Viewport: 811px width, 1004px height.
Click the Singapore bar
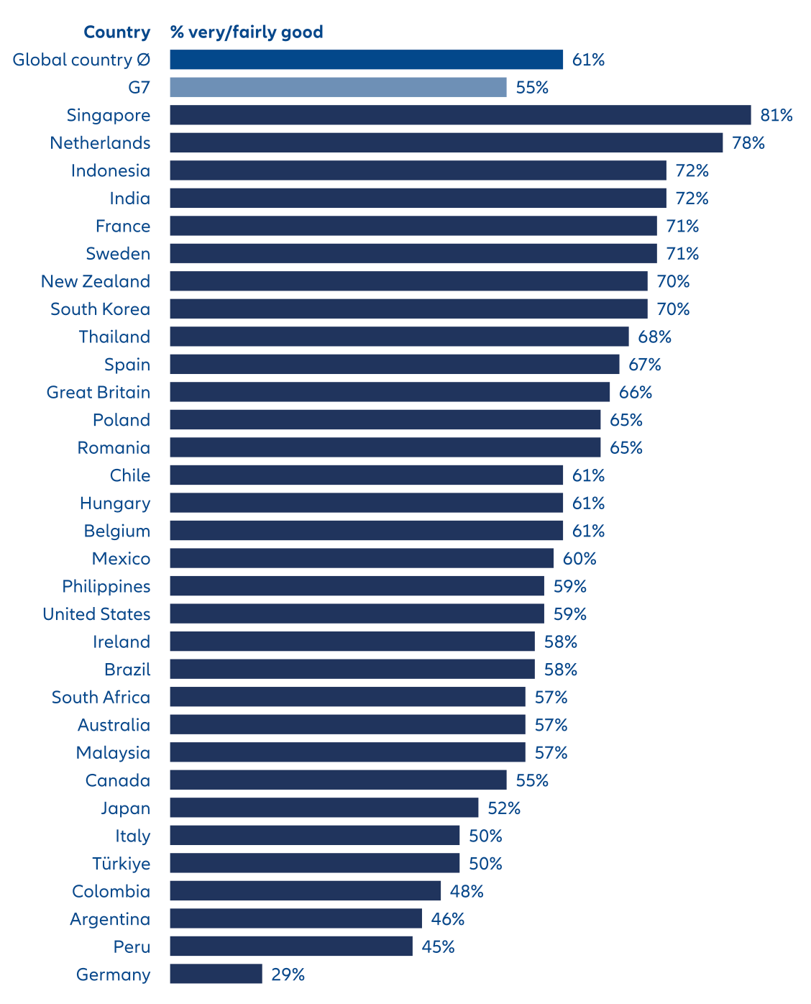[x=460, y=115]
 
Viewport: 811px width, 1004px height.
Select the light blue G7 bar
[x=338, y=88]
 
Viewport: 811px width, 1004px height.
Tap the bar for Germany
[x=216, y=975]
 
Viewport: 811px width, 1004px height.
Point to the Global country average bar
[x=366, y=60]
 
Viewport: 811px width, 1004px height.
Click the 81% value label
[x=776, y=115]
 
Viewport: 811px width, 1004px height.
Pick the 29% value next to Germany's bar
[x=288, y=975]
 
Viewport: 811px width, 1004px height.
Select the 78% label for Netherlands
[x=748, y=143]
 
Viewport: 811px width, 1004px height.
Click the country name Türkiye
[x=122, y=864]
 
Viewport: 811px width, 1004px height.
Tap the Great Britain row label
[x=98, y=393]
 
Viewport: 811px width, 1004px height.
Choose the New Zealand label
[x=96, y=281]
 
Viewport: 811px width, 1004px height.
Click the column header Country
[x=116, y=32]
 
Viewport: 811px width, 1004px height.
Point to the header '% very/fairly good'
[x=247, y=32]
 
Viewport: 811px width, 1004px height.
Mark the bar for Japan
[x=324, y=808]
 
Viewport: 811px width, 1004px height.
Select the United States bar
[x=357, y=614]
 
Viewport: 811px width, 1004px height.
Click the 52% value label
[x=504, y=808]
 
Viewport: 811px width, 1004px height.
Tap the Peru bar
[x=291, y=946]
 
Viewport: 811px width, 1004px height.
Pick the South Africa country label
[x=101, y=698]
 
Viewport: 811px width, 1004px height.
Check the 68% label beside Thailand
[x=655, y=337]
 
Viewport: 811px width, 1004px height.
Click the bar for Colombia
[x=305, y=891]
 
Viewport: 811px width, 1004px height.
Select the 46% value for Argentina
[x=448, y=919]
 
